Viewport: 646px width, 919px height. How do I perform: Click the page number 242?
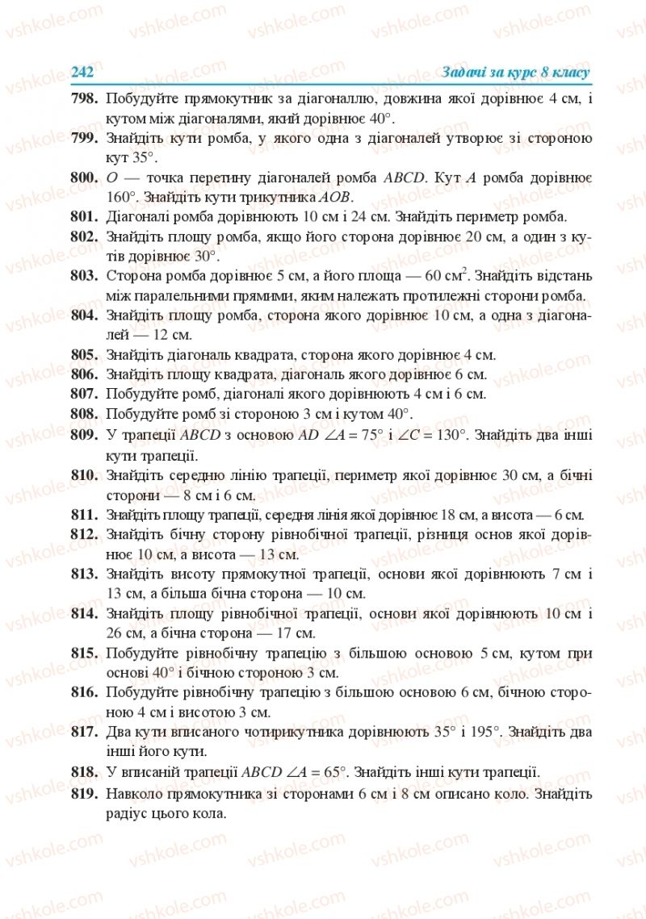pyautogui.click(x=82, y=72)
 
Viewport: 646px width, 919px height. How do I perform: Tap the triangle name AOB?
pyautogui.click(x=337, y=198)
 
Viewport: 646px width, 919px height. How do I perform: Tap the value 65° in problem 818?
pyautogui.click(x=332, y=771)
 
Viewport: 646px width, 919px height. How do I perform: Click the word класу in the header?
pyautogui.click(x=569, y=72)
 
